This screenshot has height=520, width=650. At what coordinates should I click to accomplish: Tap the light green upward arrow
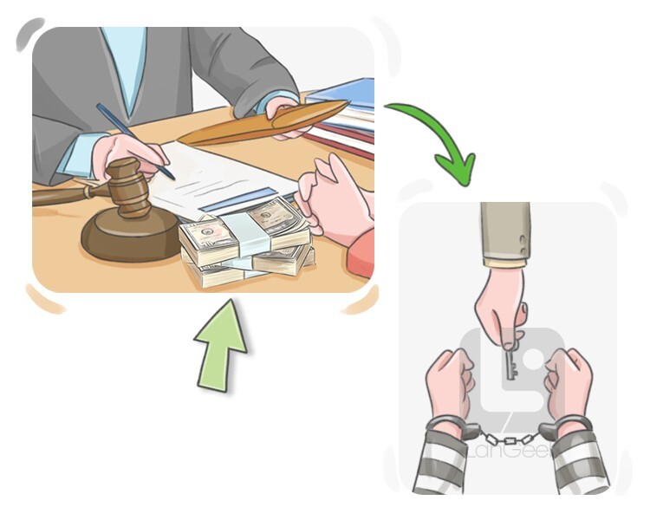click(x=221, y=346)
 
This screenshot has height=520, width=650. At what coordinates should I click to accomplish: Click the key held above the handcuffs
click(x=510, y=365)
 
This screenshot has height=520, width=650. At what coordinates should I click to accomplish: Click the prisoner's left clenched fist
click(x=451, y=381)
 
